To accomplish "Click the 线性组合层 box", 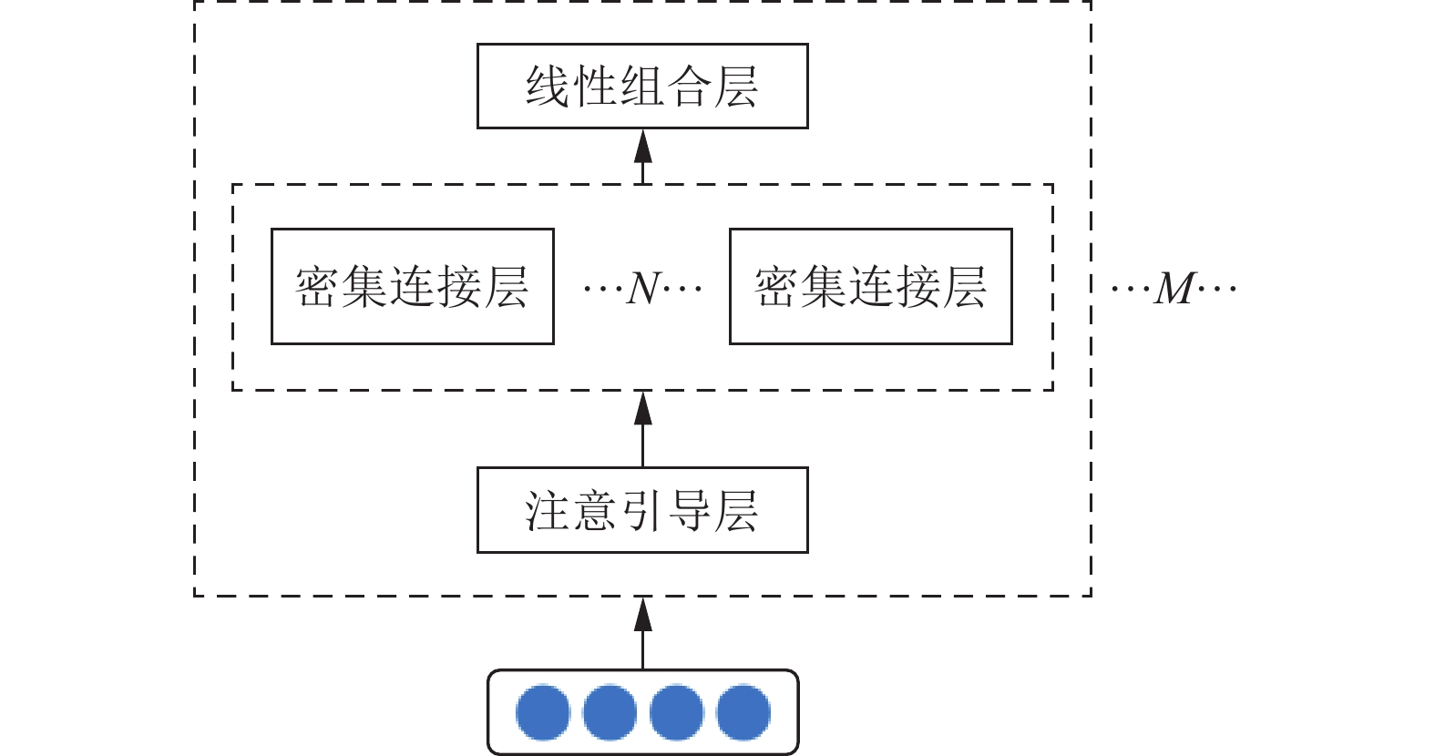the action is click(642, 86).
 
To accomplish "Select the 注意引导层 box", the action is click(642, 510).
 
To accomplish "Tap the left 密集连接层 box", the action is click(413, 286).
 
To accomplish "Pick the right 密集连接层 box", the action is click(871, 286).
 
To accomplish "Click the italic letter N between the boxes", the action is click(643, 289).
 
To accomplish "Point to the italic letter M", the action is click(1174, 289).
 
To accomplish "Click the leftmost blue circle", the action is click(543, 712).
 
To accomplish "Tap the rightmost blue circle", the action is click(743, 712).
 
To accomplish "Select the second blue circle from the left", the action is click(610, 712).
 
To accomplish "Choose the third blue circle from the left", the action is click(676, 712).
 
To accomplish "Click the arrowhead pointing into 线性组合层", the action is click(643, 147).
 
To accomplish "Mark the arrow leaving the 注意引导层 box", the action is click(643, 429).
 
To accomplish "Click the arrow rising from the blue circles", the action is click(643, 634).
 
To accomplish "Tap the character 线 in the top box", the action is click(548, 87).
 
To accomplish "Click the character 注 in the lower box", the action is click(548, 511).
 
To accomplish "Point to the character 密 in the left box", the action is click(317, 287).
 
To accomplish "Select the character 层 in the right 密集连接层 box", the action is click(965, 287).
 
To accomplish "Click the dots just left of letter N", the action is click(603, 289).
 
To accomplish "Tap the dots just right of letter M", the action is click(1216, 289).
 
